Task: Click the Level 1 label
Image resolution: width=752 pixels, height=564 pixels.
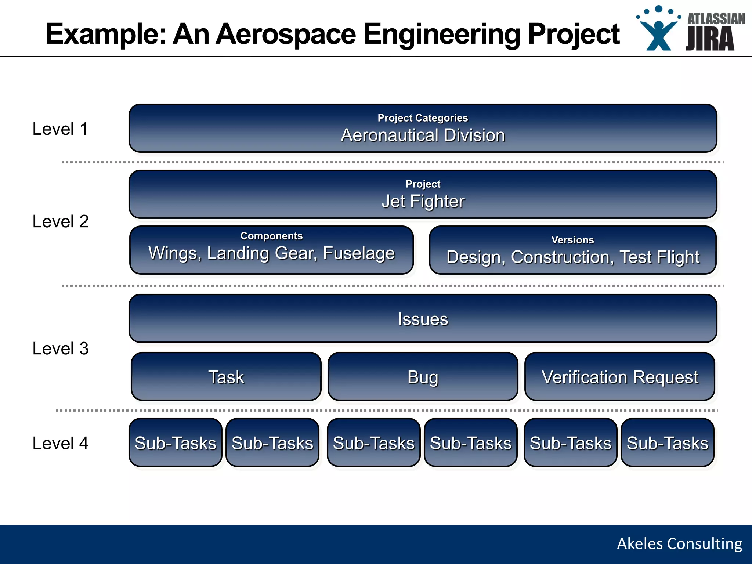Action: point(60,129)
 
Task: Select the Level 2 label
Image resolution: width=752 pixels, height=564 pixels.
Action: point(61,221)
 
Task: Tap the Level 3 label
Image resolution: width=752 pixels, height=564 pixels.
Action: point(61,348)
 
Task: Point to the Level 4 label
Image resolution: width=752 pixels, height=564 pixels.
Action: point(61,443)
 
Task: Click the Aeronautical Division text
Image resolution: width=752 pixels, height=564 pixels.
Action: point(423,135)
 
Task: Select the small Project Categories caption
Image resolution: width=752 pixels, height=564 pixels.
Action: point(423,118)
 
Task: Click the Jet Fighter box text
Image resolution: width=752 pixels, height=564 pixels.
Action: point(423,201)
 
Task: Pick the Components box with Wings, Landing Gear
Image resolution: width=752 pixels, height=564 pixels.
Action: point(271,250)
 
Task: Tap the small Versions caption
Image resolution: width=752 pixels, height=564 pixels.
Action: point(572,240)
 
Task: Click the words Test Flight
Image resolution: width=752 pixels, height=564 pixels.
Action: point(659,257)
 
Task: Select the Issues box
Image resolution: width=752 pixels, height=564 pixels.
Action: point(423,319)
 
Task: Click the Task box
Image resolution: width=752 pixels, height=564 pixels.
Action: point(226,377)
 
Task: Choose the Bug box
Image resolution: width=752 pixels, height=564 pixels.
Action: point(423,377)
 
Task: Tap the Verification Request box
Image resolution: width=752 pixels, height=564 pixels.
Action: point(619,377)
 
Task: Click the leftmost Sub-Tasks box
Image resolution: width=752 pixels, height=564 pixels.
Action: point(176,443)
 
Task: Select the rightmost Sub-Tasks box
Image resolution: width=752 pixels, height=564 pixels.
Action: point(667,443)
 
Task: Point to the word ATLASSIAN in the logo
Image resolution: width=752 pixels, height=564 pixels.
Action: point(716,19)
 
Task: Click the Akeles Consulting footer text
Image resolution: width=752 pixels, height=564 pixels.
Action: point(679,544)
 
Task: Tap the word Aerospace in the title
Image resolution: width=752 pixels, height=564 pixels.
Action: point(286,34)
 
